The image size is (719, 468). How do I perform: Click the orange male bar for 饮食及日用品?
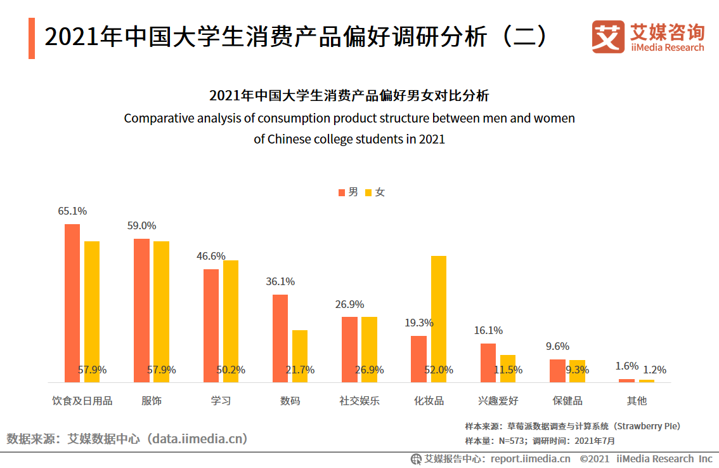[72, 303]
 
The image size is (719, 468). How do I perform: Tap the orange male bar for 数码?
[280, 338]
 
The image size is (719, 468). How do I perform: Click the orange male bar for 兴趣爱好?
[488, 363]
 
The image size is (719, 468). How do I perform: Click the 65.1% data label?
[72, 211]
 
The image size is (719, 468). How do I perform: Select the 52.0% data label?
[439, 370]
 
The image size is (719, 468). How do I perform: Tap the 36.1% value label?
[280, 281]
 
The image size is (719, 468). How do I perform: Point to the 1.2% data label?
[655, 370]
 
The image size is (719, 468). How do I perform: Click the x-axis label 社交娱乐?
[359, 401]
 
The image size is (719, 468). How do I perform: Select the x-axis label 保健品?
[567, 401]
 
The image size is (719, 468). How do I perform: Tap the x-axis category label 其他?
[637, 401]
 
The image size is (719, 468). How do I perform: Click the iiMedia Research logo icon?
[608, 37]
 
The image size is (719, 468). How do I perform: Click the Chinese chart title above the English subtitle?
[349, 97]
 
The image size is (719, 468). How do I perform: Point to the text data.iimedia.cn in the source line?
[200, 439]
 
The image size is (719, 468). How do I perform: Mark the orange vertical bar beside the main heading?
[32, 38]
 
